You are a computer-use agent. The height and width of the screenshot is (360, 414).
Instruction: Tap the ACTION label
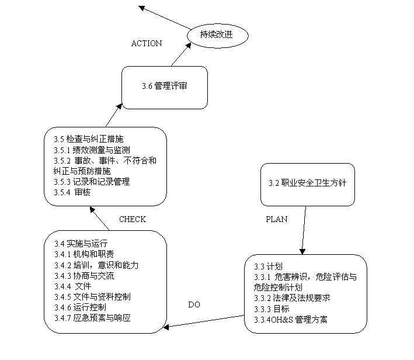147,44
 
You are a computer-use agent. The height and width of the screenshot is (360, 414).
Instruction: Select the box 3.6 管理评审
164,86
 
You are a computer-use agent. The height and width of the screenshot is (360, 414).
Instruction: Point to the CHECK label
133,219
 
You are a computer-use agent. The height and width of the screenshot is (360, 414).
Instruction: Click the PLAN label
277,219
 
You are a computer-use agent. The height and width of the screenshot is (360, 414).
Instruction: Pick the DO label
194,304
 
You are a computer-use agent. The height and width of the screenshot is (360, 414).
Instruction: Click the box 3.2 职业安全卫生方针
307,183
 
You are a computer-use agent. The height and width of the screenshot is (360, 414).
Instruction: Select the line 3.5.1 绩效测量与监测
85,150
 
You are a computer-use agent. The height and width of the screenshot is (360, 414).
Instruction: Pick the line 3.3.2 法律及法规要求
292,297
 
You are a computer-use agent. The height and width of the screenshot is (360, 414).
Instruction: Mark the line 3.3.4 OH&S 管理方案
291,319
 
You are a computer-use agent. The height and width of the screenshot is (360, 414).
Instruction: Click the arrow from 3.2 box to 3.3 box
304,229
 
